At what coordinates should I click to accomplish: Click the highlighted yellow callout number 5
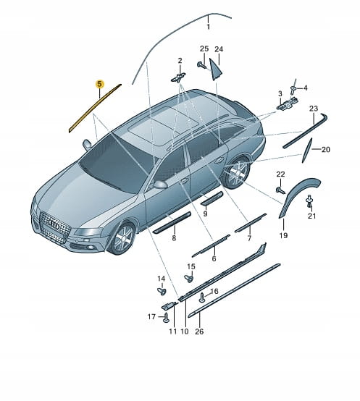tap(99, 84)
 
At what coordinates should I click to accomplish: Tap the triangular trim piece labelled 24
tap(215, 69)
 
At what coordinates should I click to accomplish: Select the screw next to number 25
tap(201, 65)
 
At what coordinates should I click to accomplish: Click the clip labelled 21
tap(310, 200)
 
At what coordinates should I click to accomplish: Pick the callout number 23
tap(314, 109)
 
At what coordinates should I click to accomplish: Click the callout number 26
tap(199, 332)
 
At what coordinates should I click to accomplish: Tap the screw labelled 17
tap(167, 317)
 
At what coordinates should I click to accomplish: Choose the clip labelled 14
tap(162, 291)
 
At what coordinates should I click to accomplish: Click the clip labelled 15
tap(189, 278)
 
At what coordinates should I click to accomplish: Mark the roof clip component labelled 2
tap(178, 77)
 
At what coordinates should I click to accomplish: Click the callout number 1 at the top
tap(209, 27)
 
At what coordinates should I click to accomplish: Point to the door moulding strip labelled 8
tap(172, 222)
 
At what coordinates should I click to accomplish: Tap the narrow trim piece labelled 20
tap(307, 150)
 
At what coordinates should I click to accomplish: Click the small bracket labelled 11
tap(169, 305)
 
